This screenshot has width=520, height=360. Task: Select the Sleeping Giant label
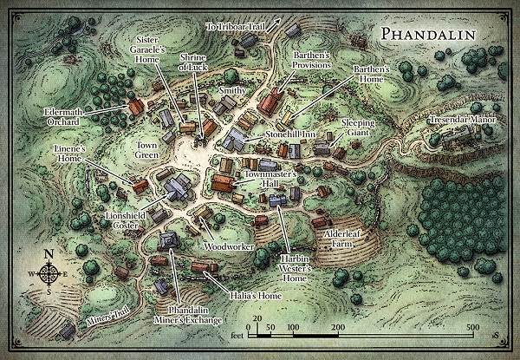coord(358,128)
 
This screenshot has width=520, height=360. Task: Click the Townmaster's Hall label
coord(267,180)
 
